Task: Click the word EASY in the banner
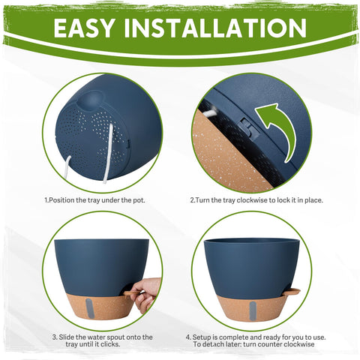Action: (x=84, y=28)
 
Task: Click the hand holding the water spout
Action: (x=145, y=295)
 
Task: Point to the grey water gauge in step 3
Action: (x=90, y=308)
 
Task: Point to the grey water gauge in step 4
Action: (x=253, y=311)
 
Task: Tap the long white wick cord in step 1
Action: (x=108, y=153)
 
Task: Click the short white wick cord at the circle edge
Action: (x=67, y=167)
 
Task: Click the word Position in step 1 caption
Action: (x=62, y=200)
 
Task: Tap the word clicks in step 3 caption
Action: (x=111, y=344)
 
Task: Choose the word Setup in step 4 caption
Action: (x=202, y=337)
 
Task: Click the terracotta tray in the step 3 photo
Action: (x=100, y=306)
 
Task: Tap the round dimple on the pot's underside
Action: (x=91, y=100)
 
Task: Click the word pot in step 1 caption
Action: (x=139, y=200)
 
